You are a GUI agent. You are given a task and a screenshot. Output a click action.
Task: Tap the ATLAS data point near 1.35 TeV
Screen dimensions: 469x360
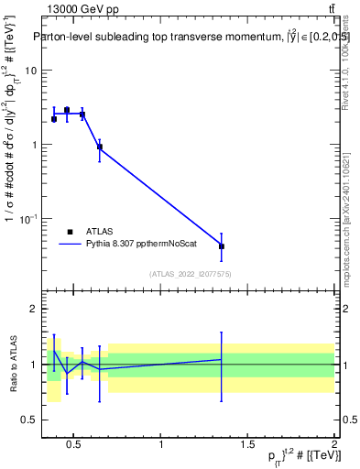[222, 246]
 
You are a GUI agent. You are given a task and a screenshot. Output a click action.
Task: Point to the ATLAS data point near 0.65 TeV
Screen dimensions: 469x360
[100, 147]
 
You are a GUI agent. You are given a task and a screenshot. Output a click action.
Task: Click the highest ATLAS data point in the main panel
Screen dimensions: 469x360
[67, 110]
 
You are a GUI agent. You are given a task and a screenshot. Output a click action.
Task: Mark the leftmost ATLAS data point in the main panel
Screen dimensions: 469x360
[54, 119]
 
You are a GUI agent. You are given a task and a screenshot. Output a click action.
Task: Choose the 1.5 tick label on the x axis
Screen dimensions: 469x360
[248, 446]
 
